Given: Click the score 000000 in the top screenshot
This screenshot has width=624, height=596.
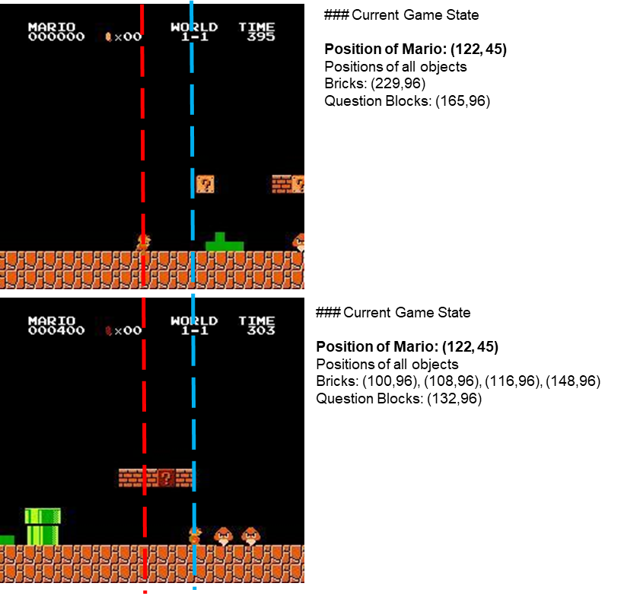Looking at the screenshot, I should pyautogui.click(x=56, y=37).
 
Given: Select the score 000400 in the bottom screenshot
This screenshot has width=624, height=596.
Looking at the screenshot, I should pyautogui.click(x=56, y=330).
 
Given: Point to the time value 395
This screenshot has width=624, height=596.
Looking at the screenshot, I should pyautogui.click(x=261, y=37).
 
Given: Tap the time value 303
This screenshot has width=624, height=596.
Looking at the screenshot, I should pyautogui.click(x=261, y=330).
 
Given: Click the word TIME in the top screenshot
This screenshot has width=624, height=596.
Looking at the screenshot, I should pyautogui.click(x=256, y=27).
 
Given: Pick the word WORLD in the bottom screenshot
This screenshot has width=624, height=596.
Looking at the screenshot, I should pyautogui.click(x=194, y=320).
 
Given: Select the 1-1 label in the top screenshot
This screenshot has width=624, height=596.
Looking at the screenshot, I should pyautogui.click(x=194, y=37).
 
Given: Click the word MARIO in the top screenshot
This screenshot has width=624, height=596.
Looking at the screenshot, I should pyautogui.click(x=52, y=27).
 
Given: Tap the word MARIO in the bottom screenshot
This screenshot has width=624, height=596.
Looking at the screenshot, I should pyautogui.click(x=52, y=320).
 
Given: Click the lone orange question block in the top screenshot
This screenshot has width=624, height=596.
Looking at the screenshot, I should pyautogui.click(x=205, y=184).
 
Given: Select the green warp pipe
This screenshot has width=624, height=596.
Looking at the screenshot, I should pyautogui.click(x=43, y=527).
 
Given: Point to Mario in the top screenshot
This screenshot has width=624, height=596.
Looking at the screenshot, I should pyautogui.click(x=144, y=242).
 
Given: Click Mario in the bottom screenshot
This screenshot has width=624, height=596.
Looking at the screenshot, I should pyautogui.click(x=195, y=535).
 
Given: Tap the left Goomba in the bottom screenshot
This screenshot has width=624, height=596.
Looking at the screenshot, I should pyautogui.click(x=223, y=536).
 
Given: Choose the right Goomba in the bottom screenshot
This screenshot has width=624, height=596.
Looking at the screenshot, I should pyautogui.click(x=250, y=536).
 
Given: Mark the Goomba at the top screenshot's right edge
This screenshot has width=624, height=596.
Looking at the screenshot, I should pyautogui.click(x=299, y=242).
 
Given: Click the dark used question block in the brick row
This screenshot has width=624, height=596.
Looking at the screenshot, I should pyautogui.click(x=166, y=478).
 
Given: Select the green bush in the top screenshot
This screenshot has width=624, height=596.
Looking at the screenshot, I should pyautogui.click(x=224, y=243).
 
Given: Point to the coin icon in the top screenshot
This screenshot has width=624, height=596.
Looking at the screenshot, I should pyautogui.click(x=108, y=37).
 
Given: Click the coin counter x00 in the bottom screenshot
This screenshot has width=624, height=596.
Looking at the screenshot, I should pyautogui.click(x=128, y=330).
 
